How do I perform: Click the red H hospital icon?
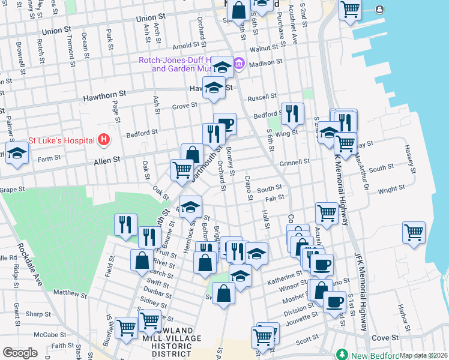coord(104,140)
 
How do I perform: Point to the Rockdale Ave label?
coord(29,264)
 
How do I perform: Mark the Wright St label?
coord(391,190)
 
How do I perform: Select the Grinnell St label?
coord(294,161)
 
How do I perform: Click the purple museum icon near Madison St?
coord(239,63)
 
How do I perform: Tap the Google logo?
coord(20,353)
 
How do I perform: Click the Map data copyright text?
coord(424,355)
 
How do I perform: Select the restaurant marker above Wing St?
coord(292,113)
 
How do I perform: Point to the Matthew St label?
coord(70,293)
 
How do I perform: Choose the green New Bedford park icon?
coord(343,355)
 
